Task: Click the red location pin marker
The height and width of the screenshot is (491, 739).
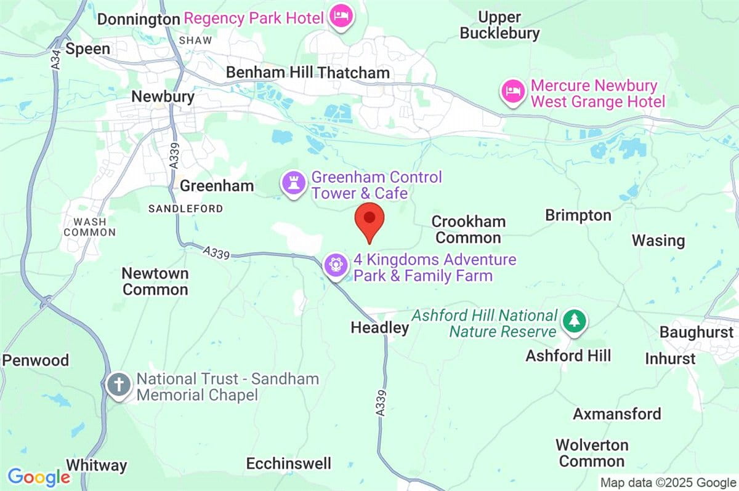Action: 369,220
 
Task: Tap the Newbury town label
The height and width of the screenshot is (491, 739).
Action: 163,97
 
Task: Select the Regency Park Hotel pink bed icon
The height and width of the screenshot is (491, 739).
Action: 340,17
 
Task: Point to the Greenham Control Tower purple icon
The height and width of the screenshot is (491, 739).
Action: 293,183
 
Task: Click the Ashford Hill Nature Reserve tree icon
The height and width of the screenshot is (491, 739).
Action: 574,321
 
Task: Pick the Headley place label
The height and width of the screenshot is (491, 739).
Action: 379,328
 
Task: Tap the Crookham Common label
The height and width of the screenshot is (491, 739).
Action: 468,230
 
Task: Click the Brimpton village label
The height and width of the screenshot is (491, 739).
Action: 578,215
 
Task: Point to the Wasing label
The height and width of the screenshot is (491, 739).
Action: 658,241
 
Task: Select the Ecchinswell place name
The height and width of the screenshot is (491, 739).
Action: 288,463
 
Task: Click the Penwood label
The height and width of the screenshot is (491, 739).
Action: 36,360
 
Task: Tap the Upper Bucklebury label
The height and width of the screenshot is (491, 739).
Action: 499,25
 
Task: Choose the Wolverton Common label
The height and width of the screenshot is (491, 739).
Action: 591,453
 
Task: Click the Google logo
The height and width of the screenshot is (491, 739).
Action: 38,477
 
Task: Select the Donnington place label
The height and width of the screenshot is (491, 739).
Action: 139,20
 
